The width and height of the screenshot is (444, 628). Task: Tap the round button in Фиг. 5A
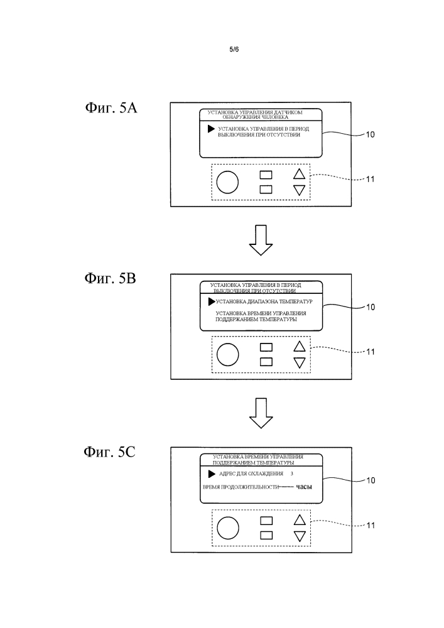click(x=227, y=182)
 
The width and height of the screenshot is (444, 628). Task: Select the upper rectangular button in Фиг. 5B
click(x=266, y=346)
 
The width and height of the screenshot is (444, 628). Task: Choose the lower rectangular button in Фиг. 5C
click(x=266, y=534)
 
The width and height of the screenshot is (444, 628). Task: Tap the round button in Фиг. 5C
click(x=227, y=527)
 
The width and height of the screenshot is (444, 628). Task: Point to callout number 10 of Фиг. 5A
click(x=370, y=134)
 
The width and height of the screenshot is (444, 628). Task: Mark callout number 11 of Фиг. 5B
click(x=370, y=351)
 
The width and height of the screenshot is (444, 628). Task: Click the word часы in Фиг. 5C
click(x=304, y=487)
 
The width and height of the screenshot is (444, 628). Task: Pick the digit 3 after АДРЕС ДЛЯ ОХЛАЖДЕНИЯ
click(x=293, y=473)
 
